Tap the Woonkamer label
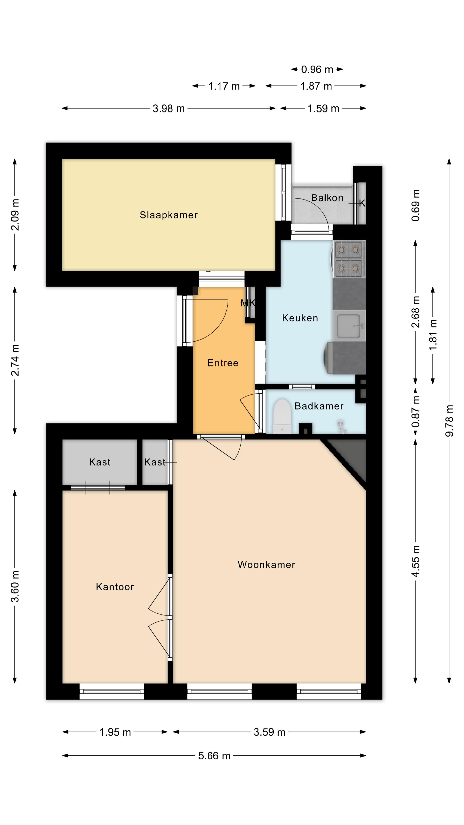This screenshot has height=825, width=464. click(x=266, y=564)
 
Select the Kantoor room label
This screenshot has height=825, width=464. click(x=115, y=587)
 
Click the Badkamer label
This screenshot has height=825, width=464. click(x=319, y=406)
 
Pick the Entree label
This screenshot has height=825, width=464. click(x=223, y=363)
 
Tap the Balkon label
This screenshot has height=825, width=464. click(x=327, y=198)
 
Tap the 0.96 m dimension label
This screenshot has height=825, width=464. click(x=317, y=69)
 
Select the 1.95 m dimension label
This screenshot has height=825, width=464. click(x=115, y=732)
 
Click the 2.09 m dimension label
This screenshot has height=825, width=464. click(x=15, y=215)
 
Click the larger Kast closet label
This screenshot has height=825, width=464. click(x=100, y=462)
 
